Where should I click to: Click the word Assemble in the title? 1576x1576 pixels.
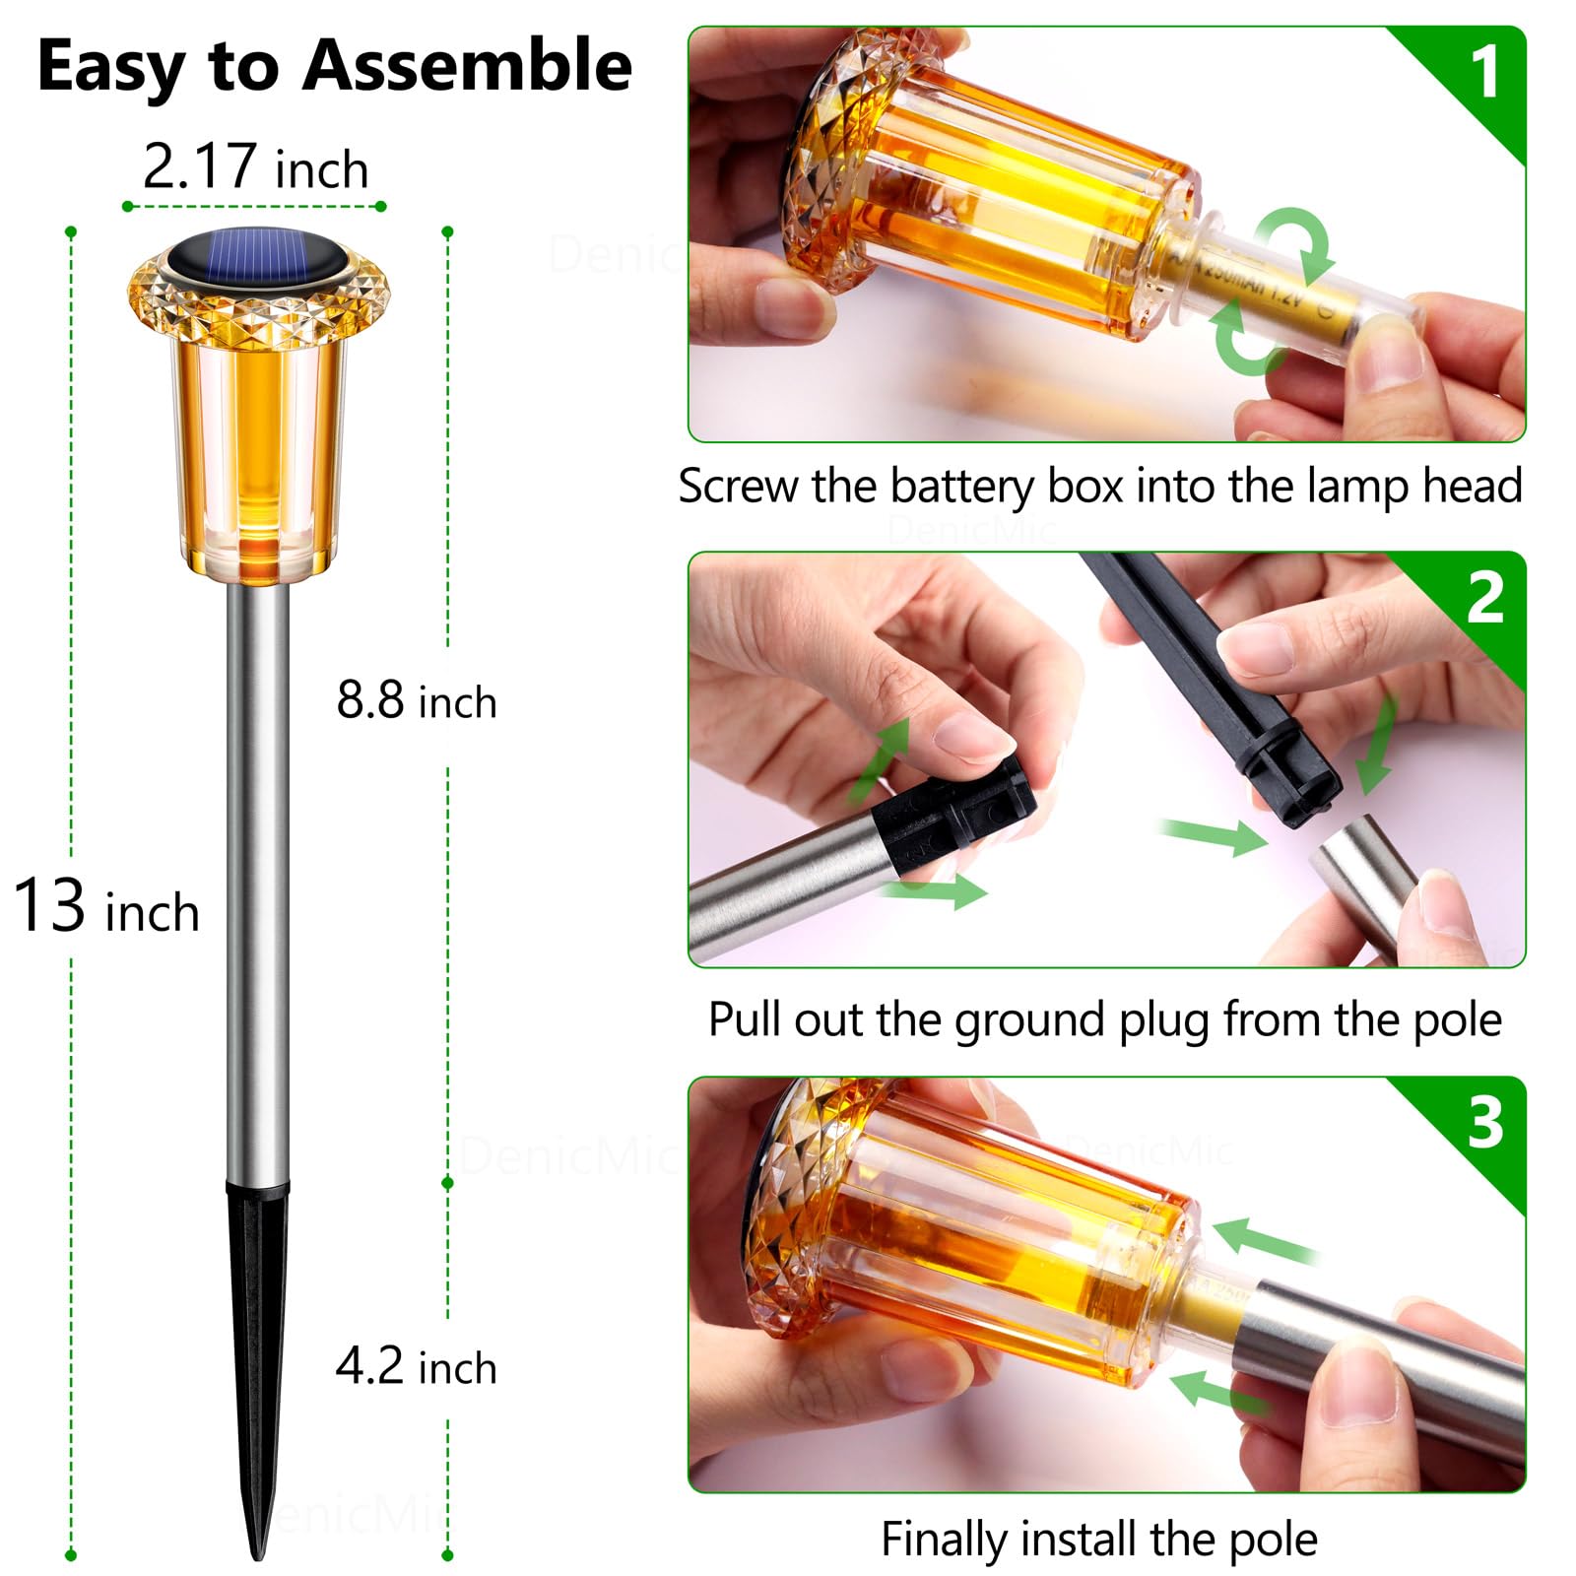(467, 66)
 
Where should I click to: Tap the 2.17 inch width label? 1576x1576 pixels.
(256, 166)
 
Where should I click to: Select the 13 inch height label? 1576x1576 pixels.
(106, 906)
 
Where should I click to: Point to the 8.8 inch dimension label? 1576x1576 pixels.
(417, 700)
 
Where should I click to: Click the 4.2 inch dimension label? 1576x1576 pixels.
(417, 1366)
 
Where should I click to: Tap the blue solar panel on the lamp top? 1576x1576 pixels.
(258, 259)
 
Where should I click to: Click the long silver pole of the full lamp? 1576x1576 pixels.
(258, 882)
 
